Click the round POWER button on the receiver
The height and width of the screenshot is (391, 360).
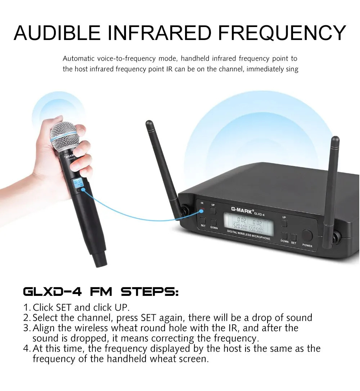pyautogui.click(x=307, y=235)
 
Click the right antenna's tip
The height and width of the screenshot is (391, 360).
pyautogui.click(x=335, y=139)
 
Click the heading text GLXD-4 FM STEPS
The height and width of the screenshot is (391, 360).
pyautogui.click(x=100, y=292)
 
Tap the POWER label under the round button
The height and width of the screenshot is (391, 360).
pyautogui.click(x=307, y=246)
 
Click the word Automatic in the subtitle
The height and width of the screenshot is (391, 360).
pyautogui.click(x=79, y=58)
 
